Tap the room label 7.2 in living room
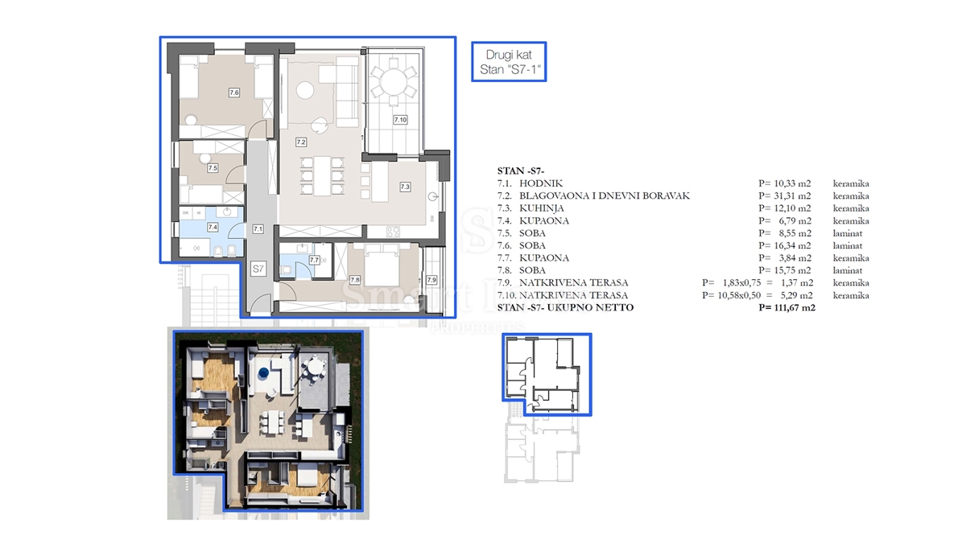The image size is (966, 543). [x=300, y=142]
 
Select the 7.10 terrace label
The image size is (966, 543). [x=400, y=120]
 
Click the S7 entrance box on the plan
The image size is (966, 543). [x=258, y=269]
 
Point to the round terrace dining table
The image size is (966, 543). [x=394, y=81]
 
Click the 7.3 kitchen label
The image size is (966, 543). [x=405, y=187]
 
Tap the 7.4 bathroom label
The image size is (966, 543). [x=213, y=228]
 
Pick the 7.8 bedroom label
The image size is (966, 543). [x=354, y=279]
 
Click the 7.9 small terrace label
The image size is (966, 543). [x=431, y=280]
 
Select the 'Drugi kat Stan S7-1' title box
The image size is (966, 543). [x=509, y=63]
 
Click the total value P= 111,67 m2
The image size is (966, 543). [x=786, y=307]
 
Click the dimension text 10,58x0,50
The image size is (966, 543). [x=735, y=295]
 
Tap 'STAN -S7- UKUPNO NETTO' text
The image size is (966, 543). [x=566, y=307]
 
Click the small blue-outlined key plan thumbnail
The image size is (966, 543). [x=547, y=375]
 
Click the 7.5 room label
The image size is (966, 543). [x=213, y=168]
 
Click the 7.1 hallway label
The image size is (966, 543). [x=258, y=228]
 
